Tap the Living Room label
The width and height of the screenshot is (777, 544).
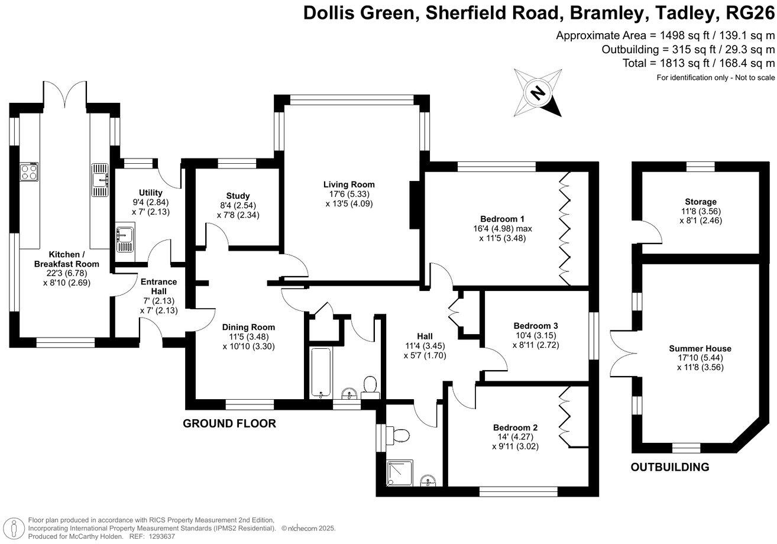(349, 184)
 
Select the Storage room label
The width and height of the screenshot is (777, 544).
(701, 202)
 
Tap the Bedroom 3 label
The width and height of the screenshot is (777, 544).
(536, 325)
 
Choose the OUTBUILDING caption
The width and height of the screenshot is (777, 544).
(669, 467)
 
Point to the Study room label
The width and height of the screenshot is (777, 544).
(238, 196)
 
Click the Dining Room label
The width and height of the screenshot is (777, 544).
(248, 327)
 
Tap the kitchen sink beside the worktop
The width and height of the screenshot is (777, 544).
(99, 180)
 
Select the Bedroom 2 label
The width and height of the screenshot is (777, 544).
(515, 428)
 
